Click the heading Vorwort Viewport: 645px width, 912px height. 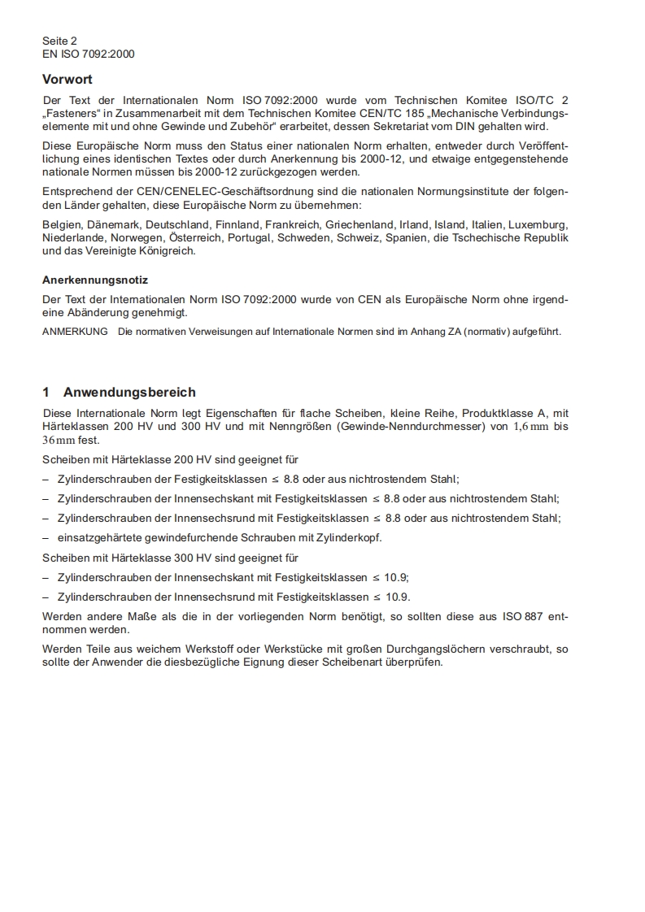(68, 80)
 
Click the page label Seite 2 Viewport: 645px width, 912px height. (60, 41)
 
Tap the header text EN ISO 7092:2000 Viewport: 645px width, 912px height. (89, 54)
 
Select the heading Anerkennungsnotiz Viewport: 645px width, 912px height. (95, 280)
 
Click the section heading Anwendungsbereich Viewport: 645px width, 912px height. (129, 392)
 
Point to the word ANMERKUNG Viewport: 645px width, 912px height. (75, 332)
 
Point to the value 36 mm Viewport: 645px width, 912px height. (59, 440)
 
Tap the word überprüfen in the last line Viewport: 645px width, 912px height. (415, 662)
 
